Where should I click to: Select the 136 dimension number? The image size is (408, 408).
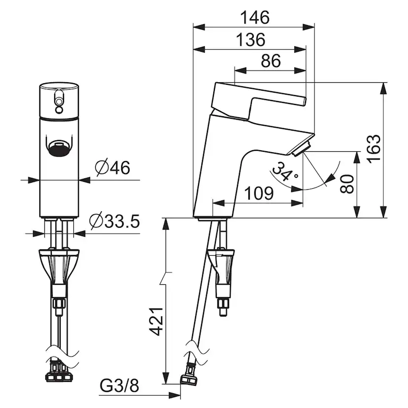coord(251,40)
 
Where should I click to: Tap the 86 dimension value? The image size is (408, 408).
coord(271,61)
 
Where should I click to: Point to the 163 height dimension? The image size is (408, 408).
coord(374,149)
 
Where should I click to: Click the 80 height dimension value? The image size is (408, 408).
coord(347,184)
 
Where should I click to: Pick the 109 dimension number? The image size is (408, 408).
coord(259,193)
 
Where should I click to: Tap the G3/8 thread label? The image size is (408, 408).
coord(119,386)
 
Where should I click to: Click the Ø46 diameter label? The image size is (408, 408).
coord(112,168)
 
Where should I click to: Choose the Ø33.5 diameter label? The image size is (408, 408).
coord(114,221)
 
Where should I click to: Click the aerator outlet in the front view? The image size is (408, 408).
coord(59,149)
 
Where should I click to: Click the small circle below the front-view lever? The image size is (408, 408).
coord(59,110)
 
